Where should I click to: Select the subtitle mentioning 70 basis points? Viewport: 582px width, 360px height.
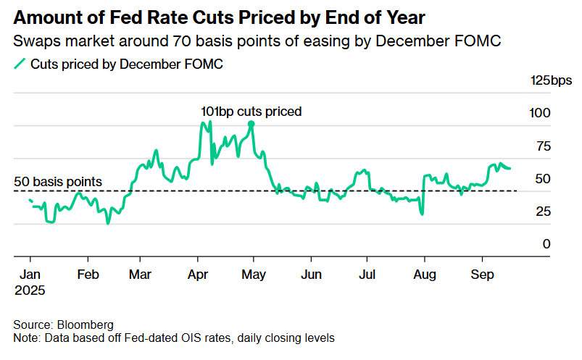pos(257,42)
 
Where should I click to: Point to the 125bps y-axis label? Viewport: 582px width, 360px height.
pos(552,80)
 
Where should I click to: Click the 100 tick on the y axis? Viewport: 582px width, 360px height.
pos(541,113)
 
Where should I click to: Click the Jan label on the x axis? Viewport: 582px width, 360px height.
pos(30,276)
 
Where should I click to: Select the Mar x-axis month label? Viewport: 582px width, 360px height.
pos(141,276)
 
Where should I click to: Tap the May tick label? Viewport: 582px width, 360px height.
pos(253,276)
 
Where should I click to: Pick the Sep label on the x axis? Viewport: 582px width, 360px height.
pos(481,276)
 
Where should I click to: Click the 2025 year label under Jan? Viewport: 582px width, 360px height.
pos(29,290)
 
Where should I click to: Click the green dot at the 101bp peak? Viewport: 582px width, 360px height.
pos(251,124)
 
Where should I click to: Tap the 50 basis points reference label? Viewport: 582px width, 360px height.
pos(59,181)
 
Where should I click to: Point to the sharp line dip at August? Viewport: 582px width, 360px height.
pos(421,214)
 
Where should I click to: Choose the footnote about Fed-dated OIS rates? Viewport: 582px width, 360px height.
pos(173,338)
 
